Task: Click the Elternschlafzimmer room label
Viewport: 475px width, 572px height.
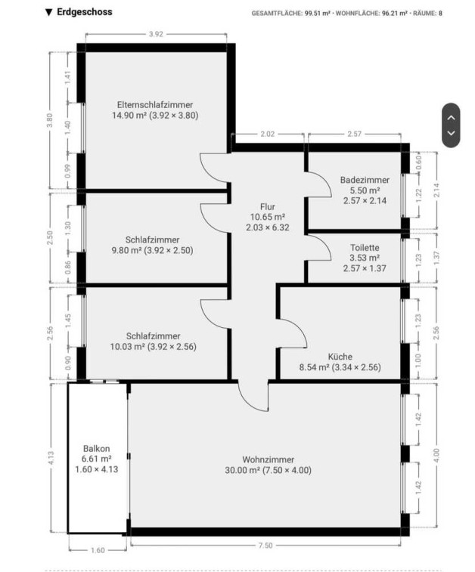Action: (x=155, y=105)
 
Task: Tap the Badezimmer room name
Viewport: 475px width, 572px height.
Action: (x=365, y=180)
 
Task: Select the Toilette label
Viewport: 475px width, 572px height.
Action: (x=365, y=248)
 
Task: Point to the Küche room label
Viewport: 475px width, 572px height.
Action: (x=340, y=357)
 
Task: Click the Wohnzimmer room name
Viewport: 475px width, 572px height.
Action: (x=268, y=459)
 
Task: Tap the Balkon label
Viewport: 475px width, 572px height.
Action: (x=96, y=449)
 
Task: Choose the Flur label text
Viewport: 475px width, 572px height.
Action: (x=268, y=207)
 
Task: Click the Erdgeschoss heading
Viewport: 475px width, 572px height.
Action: (x=85, y=12)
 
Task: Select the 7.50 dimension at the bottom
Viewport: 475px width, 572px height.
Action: (x=265, y=546)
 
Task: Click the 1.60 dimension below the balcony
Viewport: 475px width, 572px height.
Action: (x=98, y=550)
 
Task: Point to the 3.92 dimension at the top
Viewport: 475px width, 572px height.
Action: (x=156, y=34)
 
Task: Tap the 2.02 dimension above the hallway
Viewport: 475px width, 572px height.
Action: (x=267, y=134)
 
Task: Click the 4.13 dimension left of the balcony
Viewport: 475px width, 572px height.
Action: (x=51, y=458)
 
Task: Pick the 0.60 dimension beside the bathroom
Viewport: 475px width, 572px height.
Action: (x=419, y=162)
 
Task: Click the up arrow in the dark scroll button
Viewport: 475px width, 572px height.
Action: (x=452, y=117)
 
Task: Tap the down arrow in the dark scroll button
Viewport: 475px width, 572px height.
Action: (x=452, y=133)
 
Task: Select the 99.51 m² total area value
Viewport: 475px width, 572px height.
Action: (x=317, y=14)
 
